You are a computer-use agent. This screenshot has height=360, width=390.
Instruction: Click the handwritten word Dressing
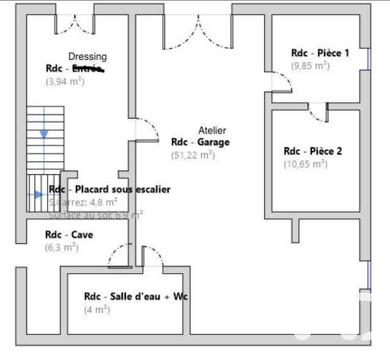click(x=87, y=56)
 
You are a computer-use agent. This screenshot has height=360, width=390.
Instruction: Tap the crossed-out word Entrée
click(x=88, y=68)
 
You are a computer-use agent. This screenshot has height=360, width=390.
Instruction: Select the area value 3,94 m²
click(x=65, y=81)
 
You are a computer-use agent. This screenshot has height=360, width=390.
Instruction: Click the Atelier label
click(x=212, y=130)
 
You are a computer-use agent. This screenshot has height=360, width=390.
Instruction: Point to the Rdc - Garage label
click(x=201, y=142)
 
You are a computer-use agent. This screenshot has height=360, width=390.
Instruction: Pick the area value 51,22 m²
click(x=193, y=155)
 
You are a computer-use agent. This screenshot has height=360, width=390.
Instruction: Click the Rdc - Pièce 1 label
click(x=320, y=53)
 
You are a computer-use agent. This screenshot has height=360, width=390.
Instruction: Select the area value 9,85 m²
click(x=310, y=66)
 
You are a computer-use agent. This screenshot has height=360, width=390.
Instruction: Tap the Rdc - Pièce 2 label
click(x=312, y=151)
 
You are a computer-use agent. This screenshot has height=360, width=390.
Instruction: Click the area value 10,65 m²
click(x=305, y=164)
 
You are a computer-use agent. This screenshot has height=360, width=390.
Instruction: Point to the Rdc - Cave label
click(x=69, y=235)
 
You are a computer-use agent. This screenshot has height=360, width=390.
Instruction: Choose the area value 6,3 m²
click(x=62, y=248)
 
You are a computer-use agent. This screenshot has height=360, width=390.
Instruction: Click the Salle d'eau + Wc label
click(x=136, y=296)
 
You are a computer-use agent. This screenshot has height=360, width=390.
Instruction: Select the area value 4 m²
click(x=97, y=310)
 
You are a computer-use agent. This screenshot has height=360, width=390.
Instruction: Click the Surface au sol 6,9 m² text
click(x=96, y=215)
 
